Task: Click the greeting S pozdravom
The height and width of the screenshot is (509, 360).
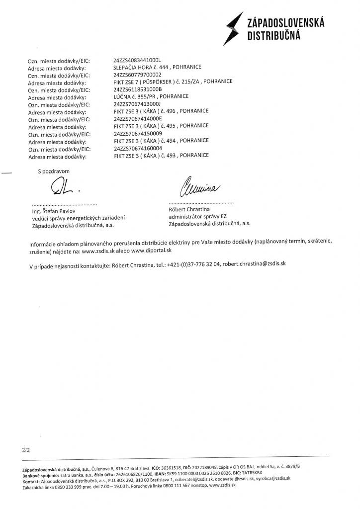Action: click(54, 171)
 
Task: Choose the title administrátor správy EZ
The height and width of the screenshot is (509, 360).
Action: click(197, 217)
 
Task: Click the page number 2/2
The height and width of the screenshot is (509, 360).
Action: click(26, 450)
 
